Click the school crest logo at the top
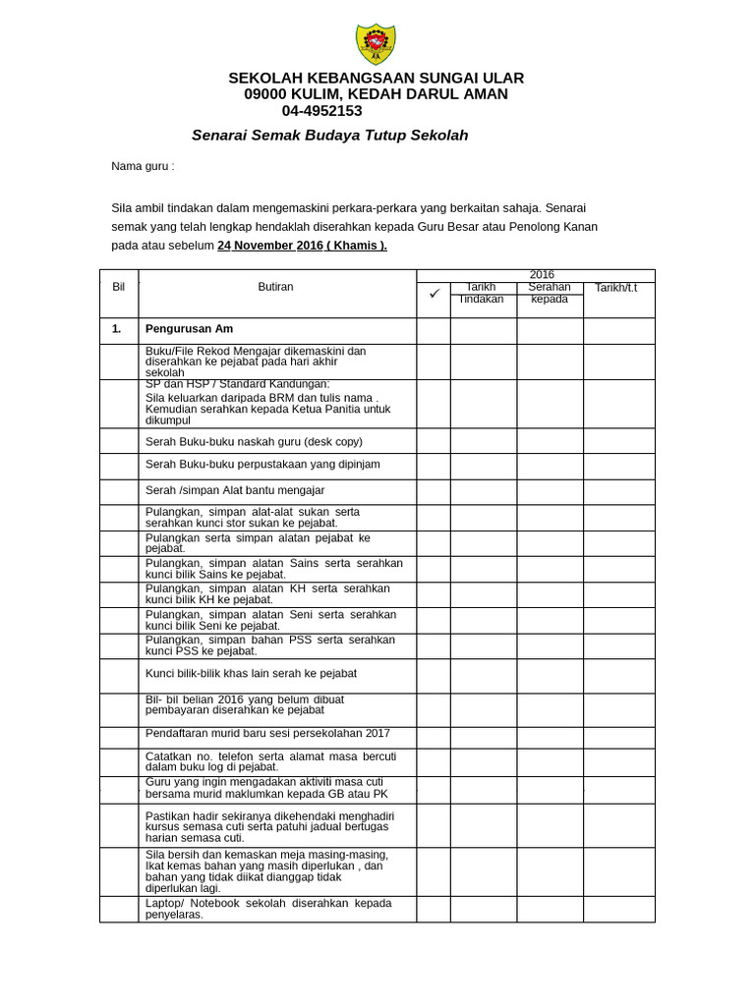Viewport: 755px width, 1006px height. (376, 44)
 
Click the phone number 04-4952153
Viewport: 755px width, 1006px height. (321, 111)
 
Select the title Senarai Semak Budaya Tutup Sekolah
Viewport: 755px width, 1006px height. (329, 136)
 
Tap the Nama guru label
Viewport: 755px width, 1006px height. (143, 166)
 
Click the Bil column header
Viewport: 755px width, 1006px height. (119, 287)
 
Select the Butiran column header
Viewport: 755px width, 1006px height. (276, 287)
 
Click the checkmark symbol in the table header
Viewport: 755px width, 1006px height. (434, 293)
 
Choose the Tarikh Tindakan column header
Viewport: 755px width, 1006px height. (483, 293)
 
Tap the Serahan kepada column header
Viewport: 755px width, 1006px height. (550, 293)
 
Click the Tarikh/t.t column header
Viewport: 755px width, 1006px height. (616, 287)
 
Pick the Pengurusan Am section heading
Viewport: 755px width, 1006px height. (189, 329)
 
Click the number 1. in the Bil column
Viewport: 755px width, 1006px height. (117, 329)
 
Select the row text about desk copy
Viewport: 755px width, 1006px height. (254, 441)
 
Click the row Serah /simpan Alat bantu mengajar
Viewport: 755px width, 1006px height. (234, 490)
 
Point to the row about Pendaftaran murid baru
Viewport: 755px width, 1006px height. (267, 733)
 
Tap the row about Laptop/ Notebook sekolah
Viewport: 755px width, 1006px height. (267, 909)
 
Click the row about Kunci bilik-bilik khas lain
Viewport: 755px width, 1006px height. (251, 674)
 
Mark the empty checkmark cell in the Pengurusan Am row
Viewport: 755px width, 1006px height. (434, 330)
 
